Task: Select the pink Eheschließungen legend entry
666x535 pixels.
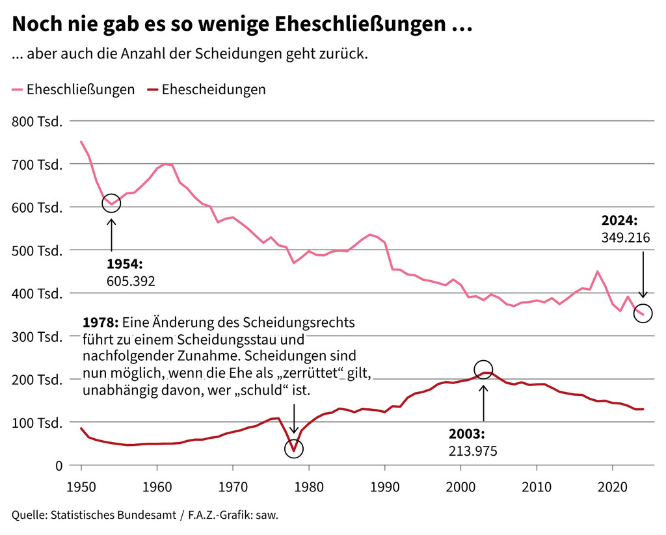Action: tap(73, 90)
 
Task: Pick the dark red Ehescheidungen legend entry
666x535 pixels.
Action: tap(207, 90)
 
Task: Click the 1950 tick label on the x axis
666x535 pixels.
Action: tap(81, 486)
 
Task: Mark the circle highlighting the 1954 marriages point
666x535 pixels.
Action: tap(111, 203)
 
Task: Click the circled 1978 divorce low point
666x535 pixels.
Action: tap(294, 449)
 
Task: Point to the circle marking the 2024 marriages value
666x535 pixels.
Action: tap(643, 314)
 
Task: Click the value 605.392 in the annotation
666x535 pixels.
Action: tap(130, 281)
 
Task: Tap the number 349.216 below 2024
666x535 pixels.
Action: tap(626, 237)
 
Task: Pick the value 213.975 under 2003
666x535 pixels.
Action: tap(473, 450)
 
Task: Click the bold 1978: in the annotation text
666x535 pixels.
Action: tap(100, 322)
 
